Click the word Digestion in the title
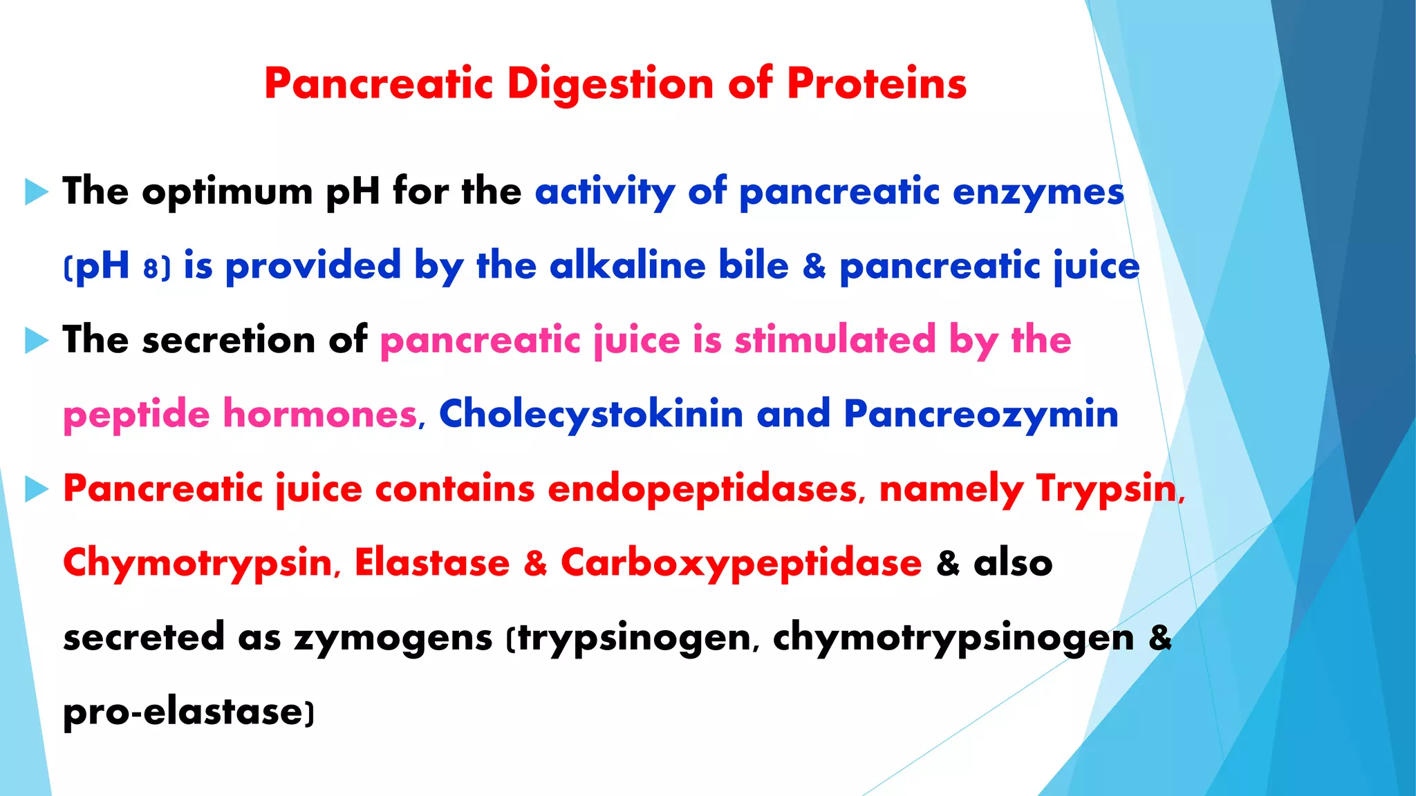pos(610,84)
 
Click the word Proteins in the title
pos(876,84)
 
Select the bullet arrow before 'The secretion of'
pos(36,340)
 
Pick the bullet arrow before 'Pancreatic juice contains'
pos(36,489)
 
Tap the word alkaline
pos(627,266)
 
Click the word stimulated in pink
pos(835,340)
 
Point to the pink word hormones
pos(320,415)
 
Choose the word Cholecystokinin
pos(591,415)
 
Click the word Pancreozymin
pos(980,415)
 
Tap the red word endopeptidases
pos(702,489)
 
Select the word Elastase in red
pos(432,562)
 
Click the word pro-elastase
pos(183,712)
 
